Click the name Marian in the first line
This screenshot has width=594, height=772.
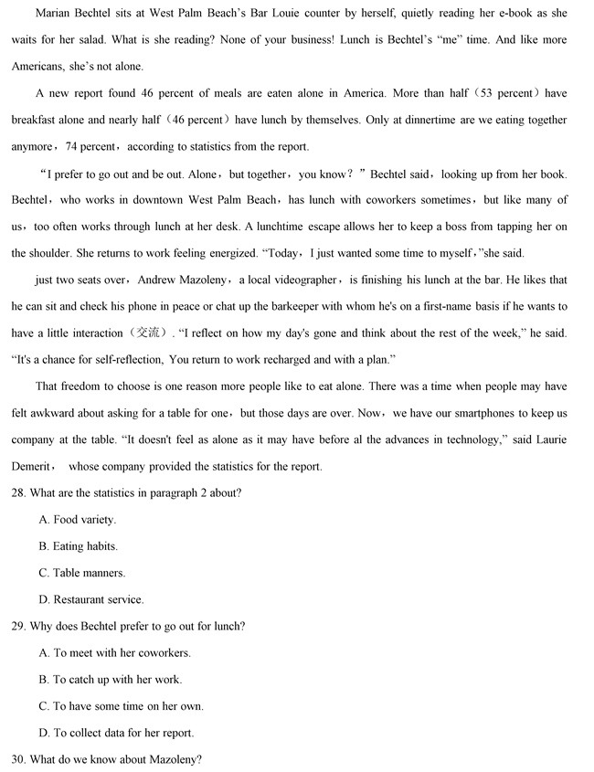55,14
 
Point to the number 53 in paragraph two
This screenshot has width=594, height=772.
492,93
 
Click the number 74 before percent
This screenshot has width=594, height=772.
78,146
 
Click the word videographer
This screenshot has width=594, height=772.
301,280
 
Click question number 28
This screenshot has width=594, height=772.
19,493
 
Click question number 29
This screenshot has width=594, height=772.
19,626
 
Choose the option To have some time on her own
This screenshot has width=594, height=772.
121,706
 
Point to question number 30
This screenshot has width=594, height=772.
19,759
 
